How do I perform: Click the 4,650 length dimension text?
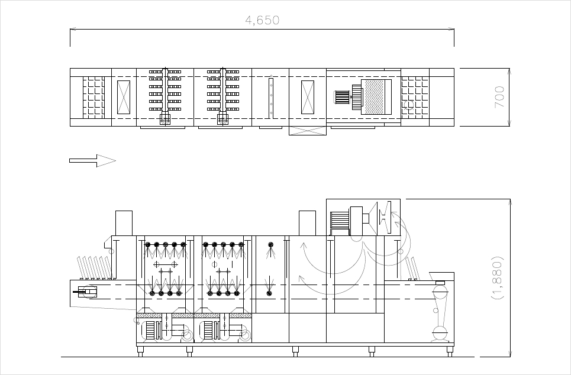coord(262,21)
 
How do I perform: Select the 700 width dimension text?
coord(500,96)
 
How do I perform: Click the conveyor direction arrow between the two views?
coord(92,160)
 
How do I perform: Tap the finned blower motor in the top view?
coord(343,97)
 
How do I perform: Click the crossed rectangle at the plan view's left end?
coord(124,97)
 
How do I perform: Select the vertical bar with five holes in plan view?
coord(271,97)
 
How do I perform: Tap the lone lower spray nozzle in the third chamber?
coord(269,292)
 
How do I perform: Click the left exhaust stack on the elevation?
coord(124,223)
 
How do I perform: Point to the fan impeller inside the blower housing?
coord(384,218)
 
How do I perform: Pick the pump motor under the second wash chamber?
coord(211,330)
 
